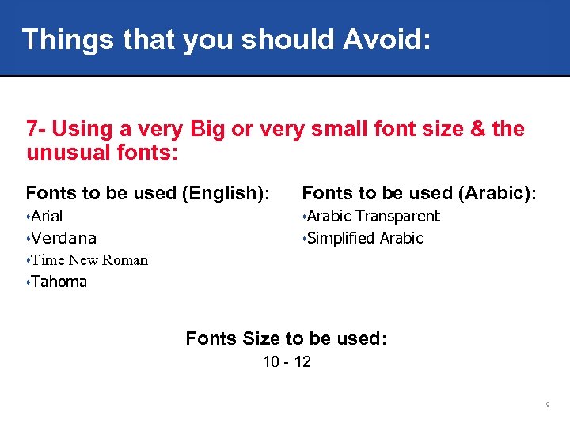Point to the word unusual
tap(70, 152)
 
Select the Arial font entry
tap(47, 216)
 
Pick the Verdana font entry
tap(64, 238)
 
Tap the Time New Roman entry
tap(89, 260)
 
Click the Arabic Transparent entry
tap(373, 216)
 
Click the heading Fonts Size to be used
tap(286, 338)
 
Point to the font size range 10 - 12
tap(287, 362)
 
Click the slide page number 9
tap(547, 406)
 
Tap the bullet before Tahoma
tap(28, 282)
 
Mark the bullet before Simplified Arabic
tap(304, 238)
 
